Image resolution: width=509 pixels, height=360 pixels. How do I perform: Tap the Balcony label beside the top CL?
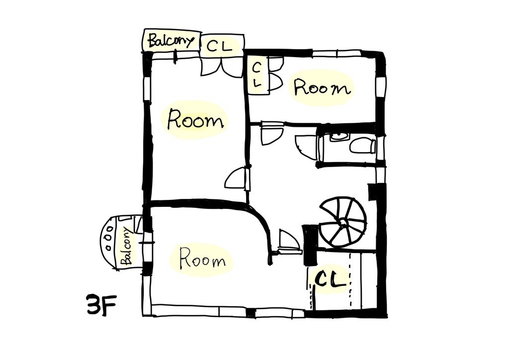pyautogui.click(x=171, y=41)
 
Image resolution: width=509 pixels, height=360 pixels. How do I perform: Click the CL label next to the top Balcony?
pyautogui.click(x=220, y=46)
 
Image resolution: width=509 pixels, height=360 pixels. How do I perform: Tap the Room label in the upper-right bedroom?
pyautogui.click(x=322, y=88)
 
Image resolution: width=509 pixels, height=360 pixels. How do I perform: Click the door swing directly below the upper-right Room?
pyautogui.click(x=272, y=134)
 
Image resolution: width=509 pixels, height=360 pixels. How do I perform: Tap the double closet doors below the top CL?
pyautogui.click(x=222, y=67)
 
